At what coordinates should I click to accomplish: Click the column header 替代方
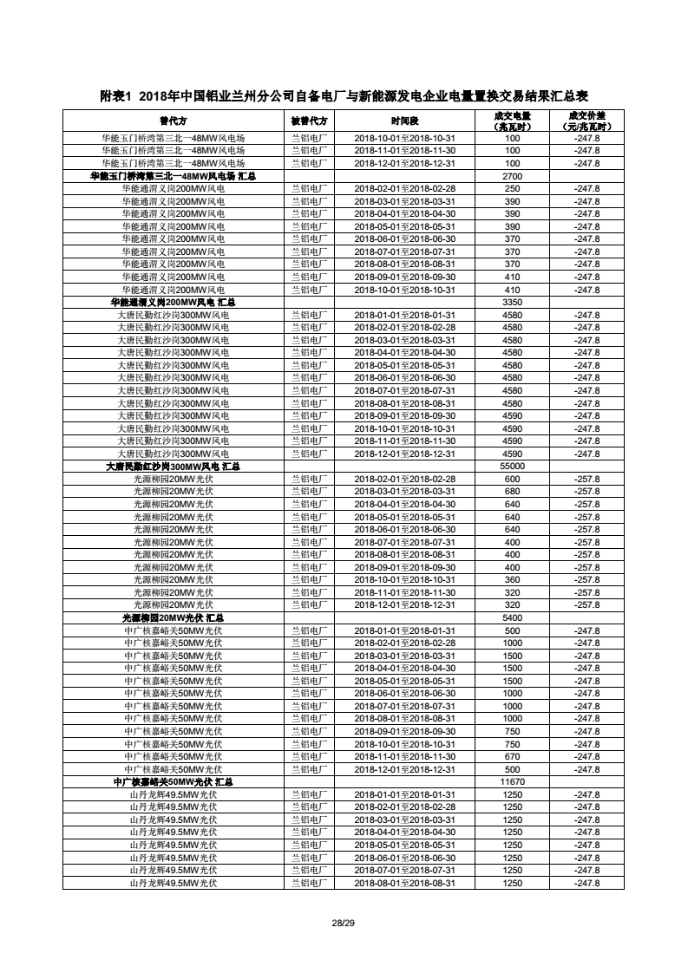coord(173,121)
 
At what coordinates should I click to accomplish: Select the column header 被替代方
coord(309,121)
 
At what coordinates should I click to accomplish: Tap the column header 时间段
coord(404,121)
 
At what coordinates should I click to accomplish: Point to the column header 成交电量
coord(512,121)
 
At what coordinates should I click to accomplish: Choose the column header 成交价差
coord(586,121)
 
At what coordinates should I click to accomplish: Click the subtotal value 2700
coord(512,176)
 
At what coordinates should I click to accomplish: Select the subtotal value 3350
coord(512,302)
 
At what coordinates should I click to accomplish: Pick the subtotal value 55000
coord(512,467)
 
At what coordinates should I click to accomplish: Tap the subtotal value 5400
coord(512,617)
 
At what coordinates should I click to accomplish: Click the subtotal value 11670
coord(512,782)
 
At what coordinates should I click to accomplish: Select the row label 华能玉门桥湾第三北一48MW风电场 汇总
coord(173,176)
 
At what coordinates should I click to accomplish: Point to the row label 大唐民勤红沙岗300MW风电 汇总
coord(173,467)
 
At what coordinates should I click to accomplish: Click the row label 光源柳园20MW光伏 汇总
coord(173,617)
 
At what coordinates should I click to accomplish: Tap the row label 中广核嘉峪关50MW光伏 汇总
coord(173,782)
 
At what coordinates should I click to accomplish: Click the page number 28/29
coord(344,922)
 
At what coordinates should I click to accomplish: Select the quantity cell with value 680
coord(512,492)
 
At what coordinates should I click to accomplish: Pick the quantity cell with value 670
coord(512,756)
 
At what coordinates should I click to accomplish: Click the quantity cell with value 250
coord(512,188)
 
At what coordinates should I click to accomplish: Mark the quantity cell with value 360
coord(512,579)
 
